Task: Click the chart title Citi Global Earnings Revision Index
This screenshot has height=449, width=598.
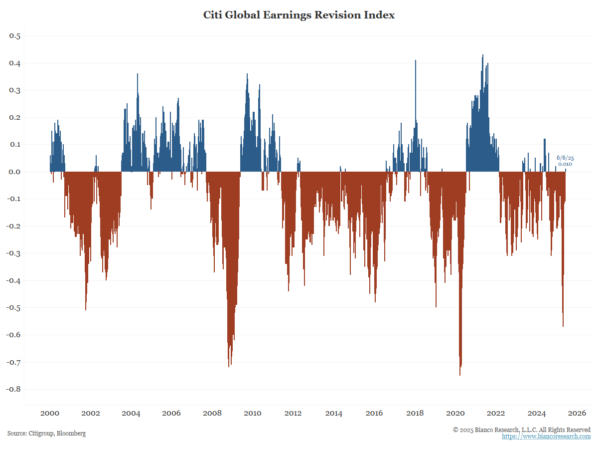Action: pos(299,15)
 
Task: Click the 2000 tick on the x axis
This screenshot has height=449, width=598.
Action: pos(50,413)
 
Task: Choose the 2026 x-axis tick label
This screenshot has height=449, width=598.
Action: pos(577,413)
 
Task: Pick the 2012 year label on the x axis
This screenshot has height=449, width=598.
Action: pos(293,413)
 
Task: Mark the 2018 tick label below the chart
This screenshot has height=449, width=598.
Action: pos(415,413)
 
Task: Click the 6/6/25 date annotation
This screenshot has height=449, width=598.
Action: pos(565,158)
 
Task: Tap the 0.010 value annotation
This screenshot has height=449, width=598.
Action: pos(565,164)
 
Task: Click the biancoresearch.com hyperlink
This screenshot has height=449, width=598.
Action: pos(546,437)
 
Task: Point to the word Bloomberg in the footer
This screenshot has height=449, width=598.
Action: pos(71,434)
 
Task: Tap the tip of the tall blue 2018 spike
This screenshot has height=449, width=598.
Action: pos(416,61)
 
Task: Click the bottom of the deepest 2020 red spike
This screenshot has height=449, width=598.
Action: pos(459,375)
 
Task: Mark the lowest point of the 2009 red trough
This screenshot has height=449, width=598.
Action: pos(229,366)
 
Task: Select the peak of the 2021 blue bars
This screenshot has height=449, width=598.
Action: pos(483,55)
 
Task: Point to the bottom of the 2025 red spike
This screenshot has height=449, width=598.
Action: pos(563,326)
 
